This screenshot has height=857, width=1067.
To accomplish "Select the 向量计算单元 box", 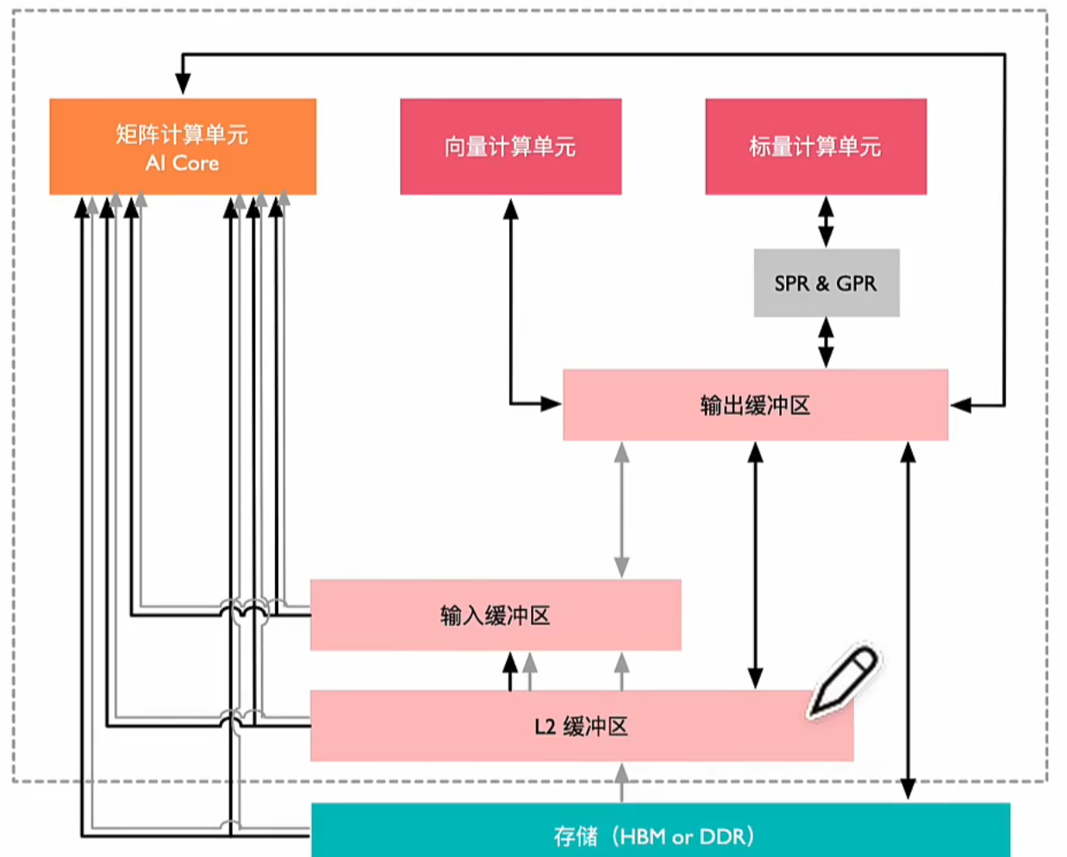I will pos(510,146).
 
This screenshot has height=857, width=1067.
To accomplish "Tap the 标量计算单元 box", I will pos(815,146).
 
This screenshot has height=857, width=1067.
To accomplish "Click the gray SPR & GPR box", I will pos(826,283).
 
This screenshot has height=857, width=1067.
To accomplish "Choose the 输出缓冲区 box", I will pos(755,405).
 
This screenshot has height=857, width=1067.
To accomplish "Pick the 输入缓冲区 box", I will pos(495,615).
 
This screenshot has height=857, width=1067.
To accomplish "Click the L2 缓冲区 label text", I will pos(581,726).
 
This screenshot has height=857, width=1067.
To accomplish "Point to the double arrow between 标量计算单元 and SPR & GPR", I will pos(826,221).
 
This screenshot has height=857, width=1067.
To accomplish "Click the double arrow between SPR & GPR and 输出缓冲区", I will pos(826,343).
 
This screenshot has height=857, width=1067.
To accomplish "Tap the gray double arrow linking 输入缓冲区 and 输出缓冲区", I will pos(621,509).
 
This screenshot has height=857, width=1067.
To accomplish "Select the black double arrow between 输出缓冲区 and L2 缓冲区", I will pos(755,564).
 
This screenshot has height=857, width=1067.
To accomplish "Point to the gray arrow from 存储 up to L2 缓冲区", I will pos(621,782).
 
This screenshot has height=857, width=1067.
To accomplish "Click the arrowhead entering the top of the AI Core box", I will pos(183,84).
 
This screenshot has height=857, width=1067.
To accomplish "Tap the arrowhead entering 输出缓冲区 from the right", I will pos(960,405).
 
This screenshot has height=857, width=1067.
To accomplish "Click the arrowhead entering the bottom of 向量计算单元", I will pos(511,208).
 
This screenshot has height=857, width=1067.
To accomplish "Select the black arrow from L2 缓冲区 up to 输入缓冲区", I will pos(510,671).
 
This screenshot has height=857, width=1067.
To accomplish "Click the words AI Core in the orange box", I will pos(182,163).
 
